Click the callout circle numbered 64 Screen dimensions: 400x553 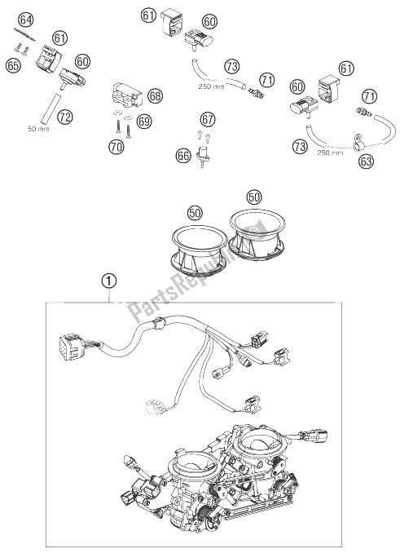pos(26,20)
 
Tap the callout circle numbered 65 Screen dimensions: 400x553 pos(13,66)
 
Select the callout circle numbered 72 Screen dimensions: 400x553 pos(65,117)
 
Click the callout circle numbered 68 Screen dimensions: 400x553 pos(155,96)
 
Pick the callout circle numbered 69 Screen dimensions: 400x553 pos(144,122)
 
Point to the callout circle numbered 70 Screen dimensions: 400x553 pos(116,147)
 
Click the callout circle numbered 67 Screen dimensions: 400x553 pos(208,120)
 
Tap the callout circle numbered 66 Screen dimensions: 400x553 pos(183,157)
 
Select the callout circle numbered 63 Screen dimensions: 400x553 pos(367,161)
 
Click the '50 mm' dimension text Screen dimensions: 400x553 pos(38,129)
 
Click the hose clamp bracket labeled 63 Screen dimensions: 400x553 pos(358,142)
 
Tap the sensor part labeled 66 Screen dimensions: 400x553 pos(204,155)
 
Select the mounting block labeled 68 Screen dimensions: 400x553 pos(127,95)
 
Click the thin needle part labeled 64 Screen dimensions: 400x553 pos(25,34)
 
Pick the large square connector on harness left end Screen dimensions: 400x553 pos(73,347)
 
